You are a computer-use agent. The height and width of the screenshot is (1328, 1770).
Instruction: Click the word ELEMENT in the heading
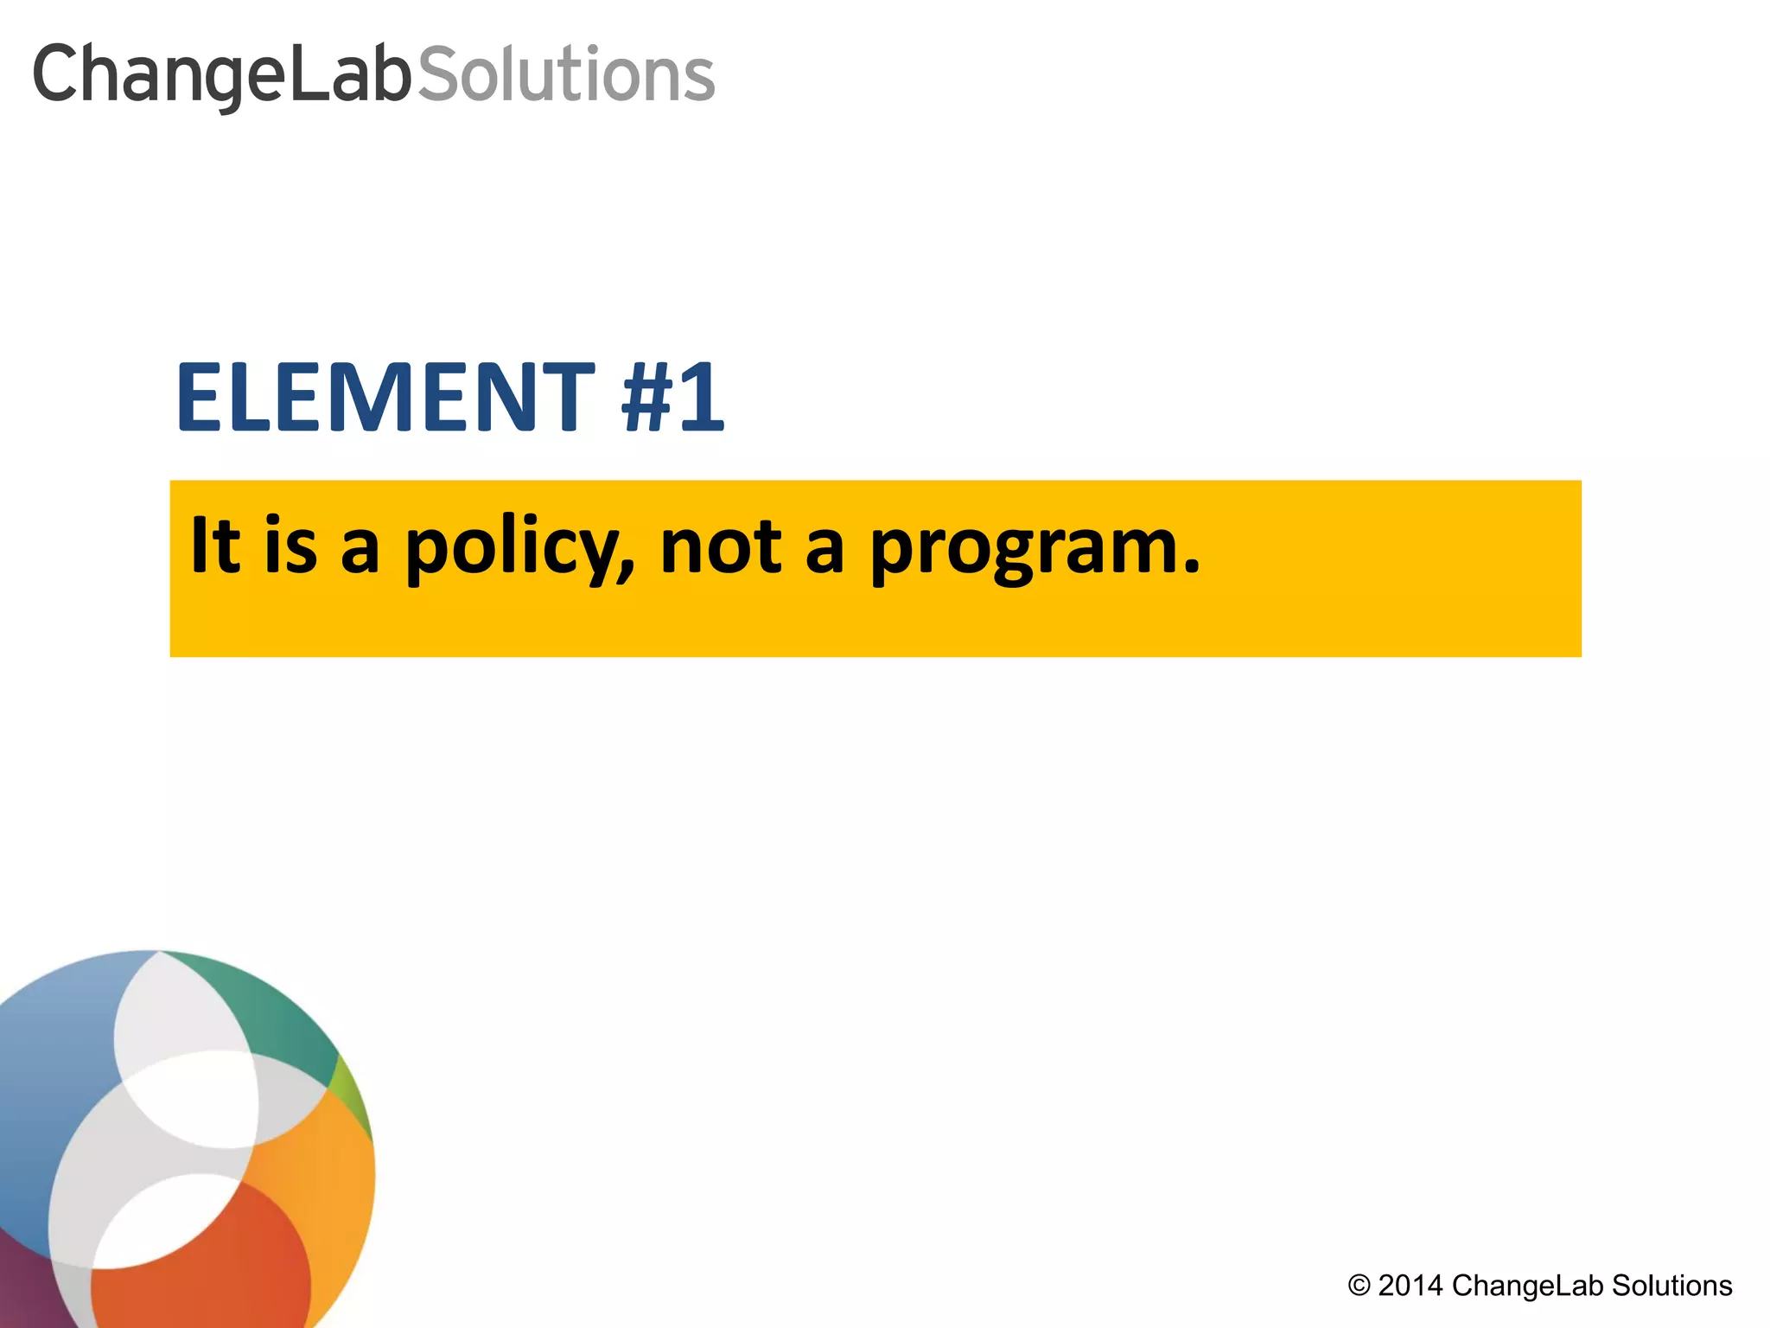tap(385, 398)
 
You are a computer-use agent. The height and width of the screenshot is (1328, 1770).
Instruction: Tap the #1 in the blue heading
tap(672, 398)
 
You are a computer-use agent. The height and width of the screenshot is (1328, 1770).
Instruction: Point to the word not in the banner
tap(721, 547)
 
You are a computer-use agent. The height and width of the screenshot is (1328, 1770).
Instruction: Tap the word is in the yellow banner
tap(291, 547)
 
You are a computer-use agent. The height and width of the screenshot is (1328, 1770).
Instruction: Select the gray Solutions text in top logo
tap(566, 76)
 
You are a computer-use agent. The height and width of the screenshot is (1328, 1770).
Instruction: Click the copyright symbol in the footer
tap(1359, 1286)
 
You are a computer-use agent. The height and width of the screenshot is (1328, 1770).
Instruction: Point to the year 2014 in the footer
tap(1410, 1286)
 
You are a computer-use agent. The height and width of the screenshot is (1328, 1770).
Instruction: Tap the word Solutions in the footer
tap(1671, 1286)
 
